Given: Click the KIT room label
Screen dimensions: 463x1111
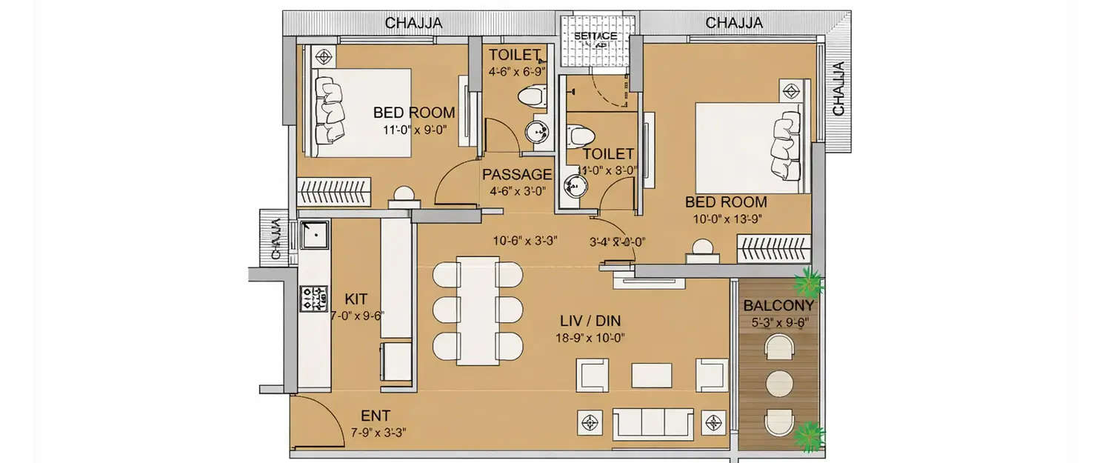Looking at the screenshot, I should click(x=357, y=299).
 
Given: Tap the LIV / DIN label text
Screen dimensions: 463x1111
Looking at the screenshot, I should click(x=590, y=321).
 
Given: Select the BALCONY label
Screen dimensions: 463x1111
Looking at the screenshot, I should click(x=778, y=305).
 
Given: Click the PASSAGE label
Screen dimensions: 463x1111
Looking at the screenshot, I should click(x=516, y=175).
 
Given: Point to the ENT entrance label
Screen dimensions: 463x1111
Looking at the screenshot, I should click(x=376, y=416).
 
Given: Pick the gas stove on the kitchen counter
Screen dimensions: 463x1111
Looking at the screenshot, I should click(x=313, y=299).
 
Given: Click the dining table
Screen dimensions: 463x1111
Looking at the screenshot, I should click(x=477, y=310).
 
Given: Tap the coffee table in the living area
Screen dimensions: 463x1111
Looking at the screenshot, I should click(x=651, y=375).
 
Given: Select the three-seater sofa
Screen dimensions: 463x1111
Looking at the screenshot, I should click(x=653, y=423).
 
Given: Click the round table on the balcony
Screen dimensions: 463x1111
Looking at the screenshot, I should click(x=778, y=384).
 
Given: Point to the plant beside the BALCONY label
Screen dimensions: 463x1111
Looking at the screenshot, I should click(x=807, y=282).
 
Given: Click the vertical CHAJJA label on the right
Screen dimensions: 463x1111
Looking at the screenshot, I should click(x=838, y=89).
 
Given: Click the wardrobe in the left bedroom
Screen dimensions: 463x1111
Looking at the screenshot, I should click(x=334, y=192).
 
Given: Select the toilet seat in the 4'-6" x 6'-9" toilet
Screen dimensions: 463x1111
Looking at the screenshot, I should click(x=531, y=96).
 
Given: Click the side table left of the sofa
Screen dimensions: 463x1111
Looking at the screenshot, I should click(x=590, y=423).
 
